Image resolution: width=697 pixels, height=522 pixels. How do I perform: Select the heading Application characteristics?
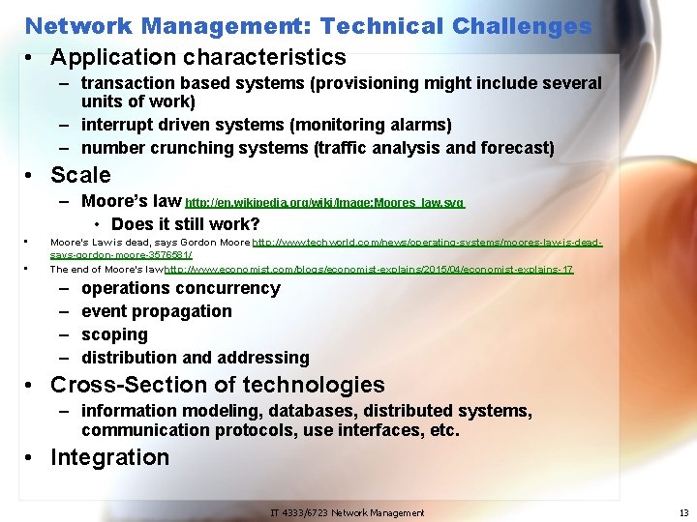tap(197, 58)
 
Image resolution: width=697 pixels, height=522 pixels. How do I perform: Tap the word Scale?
tap(80, 175)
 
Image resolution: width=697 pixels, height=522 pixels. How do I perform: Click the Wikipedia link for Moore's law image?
tap(325, 203)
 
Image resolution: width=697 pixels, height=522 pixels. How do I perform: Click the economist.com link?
tap(369, 270)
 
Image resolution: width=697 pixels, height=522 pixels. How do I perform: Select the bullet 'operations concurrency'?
tap(180, 288)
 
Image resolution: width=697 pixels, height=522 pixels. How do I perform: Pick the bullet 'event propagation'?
tap(156, 311)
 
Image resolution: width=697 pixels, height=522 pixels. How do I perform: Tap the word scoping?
tap(114, 334)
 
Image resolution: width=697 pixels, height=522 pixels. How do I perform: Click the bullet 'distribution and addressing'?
tap(195, 358)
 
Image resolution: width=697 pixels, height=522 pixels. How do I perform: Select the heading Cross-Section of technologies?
tap(217, 385)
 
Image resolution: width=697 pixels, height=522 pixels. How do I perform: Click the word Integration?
tap(109, 457)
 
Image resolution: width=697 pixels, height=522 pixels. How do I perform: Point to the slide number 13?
tap(683, 512)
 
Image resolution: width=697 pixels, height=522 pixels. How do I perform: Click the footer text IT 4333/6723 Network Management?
tap(347, 512)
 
